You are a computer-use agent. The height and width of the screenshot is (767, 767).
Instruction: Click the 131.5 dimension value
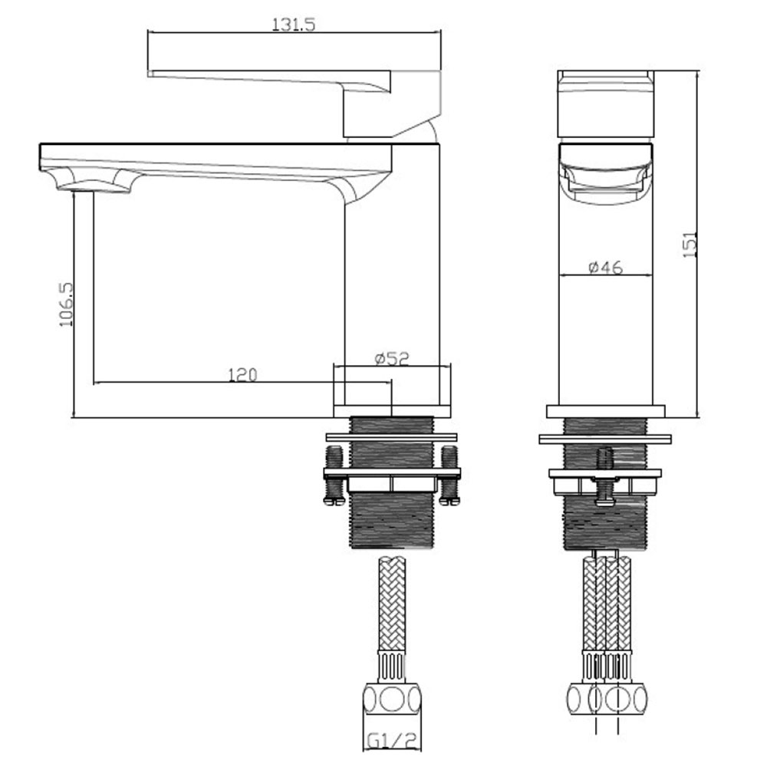294,24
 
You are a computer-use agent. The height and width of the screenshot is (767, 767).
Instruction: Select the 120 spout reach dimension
242,375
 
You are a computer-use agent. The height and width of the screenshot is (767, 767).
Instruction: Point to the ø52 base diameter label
391,358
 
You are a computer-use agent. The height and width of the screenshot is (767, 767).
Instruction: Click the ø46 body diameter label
606,267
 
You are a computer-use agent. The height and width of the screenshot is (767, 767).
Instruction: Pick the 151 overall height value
690,245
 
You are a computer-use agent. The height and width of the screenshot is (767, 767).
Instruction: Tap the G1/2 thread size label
391,741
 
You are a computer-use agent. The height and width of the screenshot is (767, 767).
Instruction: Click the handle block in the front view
606,104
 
